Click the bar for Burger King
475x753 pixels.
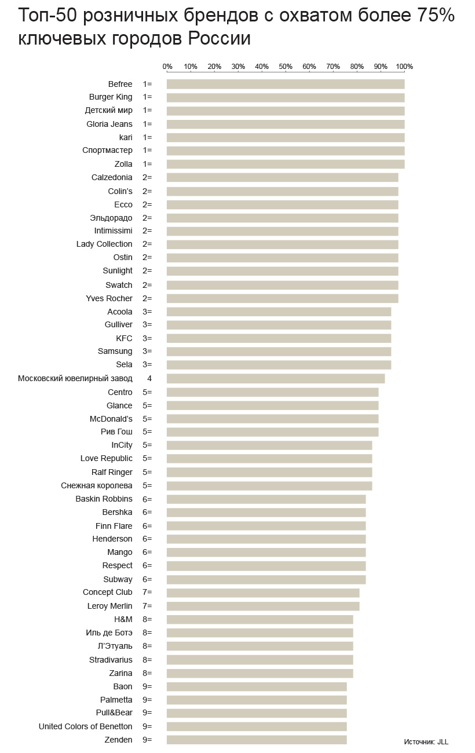pos(286,97)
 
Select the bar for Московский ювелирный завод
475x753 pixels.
pos(276,379)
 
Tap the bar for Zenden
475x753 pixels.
pos(257,740)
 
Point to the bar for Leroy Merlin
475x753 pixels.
pos(263,606)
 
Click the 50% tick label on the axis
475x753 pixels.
pos(286,67)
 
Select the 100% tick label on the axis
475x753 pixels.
pos(404,67)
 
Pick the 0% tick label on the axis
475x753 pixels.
pos(167,67)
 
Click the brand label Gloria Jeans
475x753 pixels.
pos(109,124)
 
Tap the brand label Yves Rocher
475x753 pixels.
pos(109,298)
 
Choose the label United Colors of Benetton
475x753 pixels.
pos(85,726)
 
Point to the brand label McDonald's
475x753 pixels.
pos(111,419)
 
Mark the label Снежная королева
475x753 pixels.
pos(96,485)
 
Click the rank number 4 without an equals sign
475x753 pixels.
pos(149,379)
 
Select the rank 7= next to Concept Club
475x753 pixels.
pos(147,592)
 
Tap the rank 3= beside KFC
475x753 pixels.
pos(147,338)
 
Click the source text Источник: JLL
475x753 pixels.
pos(426,742)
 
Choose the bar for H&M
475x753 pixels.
pos(260,620)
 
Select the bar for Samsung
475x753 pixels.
pos(279,352)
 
